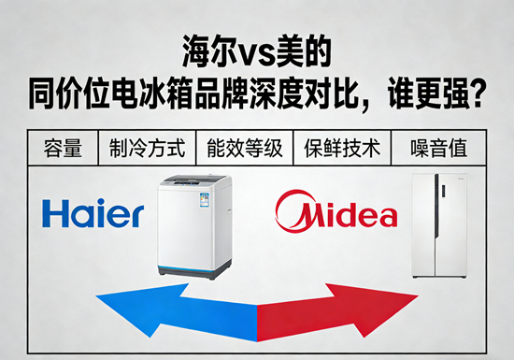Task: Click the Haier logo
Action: pyautogui.click(x=93, y=213)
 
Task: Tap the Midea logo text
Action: pyautogui.click(x=349, y=215)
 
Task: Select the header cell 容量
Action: pyautogui.click(x=63, y=148)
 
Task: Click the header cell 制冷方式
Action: pyautogui.click(x=147, y=148)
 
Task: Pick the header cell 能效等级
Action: pyautogui.click(x=245, y=148)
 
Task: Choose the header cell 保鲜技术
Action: pyautogui.click(x=342, y=148)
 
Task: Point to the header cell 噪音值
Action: pyautogui.click(x=438, y=148)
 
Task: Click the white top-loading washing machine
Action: pyautogui.click(x=194, y=226)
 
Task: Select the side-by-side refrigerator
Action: pyautogui.click(x=439, y=225)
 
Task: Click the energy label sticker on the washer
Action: pyautogui.click(x=205, y=200)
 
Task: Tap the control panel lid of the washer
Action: pyautogui.click(x=193, y=180)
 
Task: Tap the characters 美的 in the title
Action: pyautogui.click(x=303, y=51)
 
